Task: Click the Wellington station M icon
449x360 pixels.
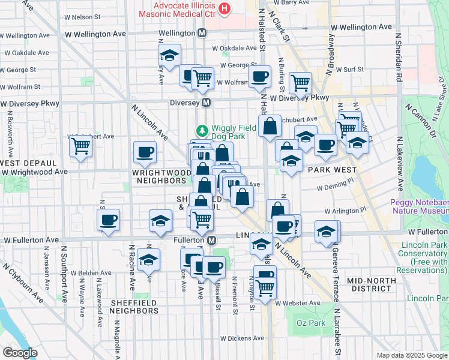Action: (x=202, y=33)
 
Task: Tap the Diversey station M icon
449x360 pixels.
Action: (x=206, y=103)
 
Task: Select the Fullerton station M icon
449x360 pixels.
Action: (x=211, y=240)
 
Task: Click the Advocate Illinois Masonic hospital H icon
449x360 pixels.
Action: (x=224, y=8)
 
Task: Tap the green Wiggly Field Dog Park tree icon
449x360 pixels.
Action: (x=203, y=130)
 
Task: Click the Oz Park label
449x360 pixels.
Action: (x=310, y=323)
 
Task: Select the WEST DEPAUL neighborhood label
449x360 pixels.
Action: (x=28, y=163)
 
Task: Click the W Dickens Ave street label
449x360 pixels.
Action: (x=242, y=338)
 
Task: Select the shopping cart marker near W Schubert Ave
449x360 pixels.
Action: (x=80, y=146)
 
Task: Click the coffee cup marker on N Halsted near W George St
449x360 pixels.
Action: (x=260, y=76)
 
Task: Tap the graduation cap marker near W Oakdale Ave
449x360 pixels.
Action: (x=170, y=56)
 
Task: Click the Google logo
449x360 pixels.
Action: (x=20, y=353)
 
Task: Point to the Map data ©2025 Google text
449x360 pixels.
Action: (x=411, y=355)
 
